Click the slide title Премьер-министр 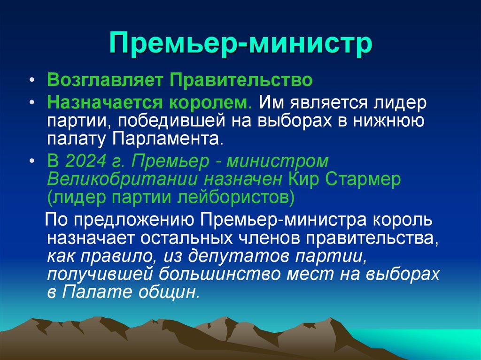(240, 46)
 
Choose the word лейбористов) (235, 198)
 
